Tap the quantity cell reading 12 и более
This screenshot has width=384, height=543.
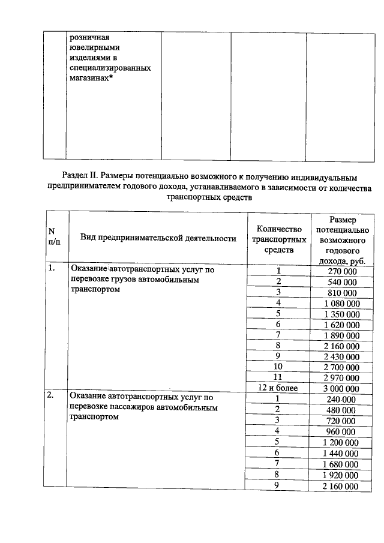coord(278,389)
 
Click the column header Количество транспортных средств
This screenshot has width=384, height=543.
coord(278,238)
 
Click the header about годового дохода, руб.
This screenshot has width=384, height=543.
coord(341,238)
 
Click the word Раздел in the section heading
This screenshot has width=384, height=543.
coord(76,176)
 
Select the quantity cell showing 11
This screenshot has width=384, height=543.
coord(278,377)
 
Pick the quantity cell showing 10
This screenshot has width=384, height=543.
coord(278,367)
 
